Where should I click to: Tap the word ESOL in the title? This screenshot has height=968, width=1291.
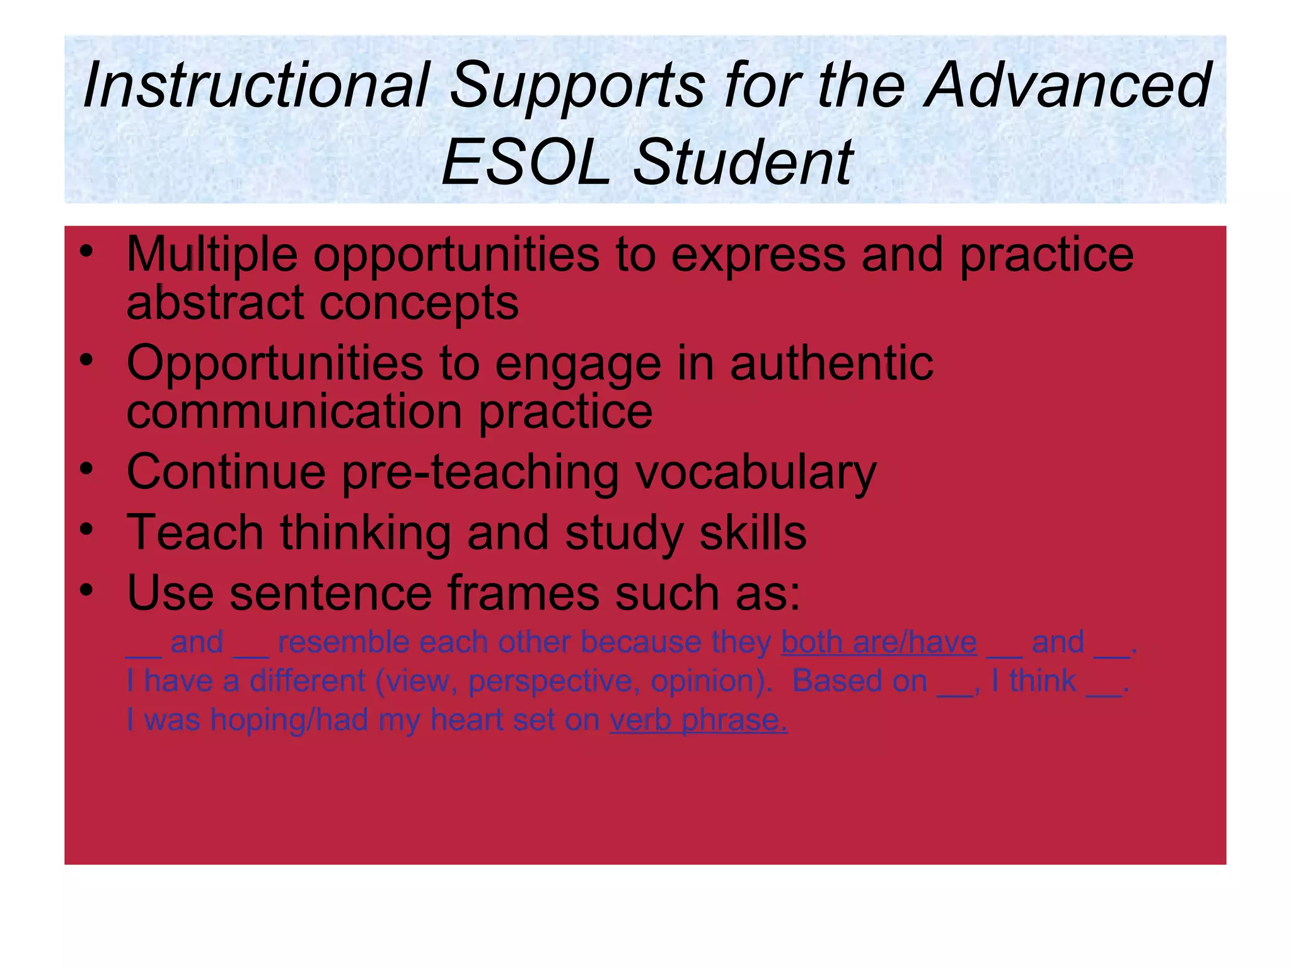pyautogui.click(x=526, y=163)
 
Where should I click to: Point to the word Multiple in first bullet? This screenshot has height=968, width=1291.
pyautogui.click(x=212, y=255)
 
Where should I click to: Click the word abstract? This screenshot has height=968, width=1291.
pyautogui.click(x=214, y=303)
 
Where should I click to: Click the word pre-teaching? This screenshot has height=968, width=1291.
pyautogui.click(x=480, y=472)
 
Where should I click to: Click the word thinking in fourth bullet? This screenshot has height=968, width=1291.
pyautogui.click(x=365, y=533)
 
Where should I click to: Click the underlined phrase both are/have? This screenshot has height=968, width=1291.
pyautogui.click(x=879, y=642)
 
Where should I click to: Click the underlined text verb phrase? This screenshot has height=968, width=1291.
pyautogui.click(x=698, y=720)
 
